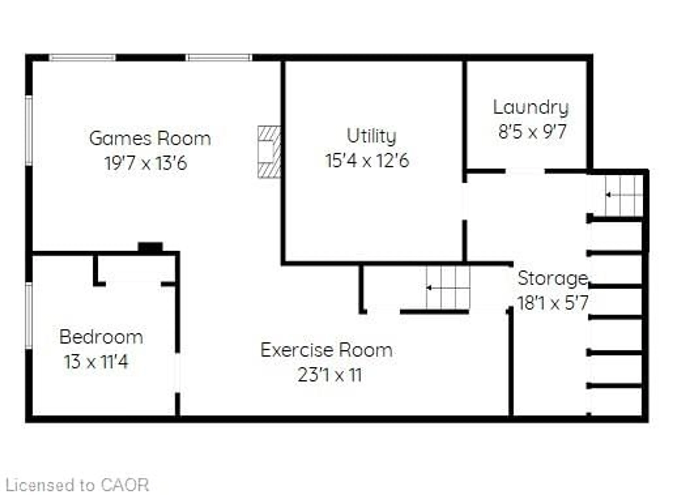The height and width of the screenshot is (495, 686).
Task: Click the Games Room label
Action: click(150, 139)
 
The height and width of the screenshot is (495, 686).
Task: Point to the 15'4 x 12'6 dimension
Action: click(367, 160)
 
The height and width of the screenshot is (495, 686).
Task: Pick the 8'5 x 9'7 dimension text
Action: click(532, 132)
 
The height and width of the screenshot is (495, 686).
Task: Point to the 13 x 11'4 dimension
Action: click(96, 361)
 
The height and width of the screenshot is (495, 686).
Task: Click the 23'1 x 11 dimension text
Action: click(330, 375)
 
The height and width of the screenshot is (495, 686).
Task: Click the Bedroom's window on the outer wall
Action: click(29, 315)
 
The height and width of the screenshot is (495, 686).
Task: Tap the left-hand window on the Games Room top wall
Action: click(83, 58)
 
